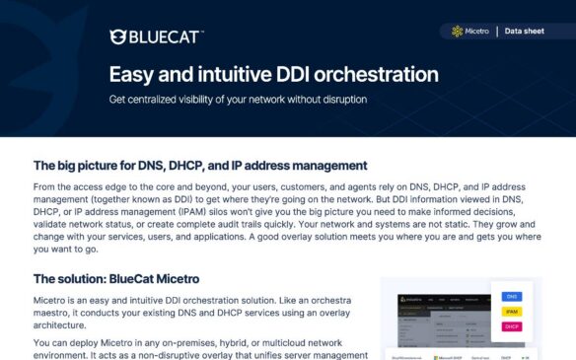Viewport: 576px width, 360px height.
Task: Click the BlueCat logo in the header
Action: tap(157, 37)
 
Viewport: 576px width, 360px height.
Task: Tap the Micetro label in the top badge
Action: tap(478, 32)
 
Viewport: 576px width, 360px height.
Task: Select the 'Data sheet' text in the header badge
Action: tap(524, 32)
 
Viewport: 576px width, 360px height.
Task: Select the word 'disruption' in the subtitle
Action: tap(341, 100)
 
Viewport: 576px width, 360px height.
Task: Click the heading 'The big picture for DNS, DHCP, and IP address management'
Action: tap(200, 166)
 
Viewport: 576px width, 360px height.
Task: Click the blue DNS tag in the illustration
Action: tap(512, 296)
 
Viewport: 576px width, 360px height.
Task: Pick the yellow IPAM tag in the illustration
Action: tap(512, 311)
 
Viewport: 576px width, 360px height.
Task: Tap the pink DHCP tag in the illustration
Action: tap(512, 325)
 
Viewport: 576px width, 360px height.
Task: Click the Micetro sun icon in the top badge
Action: tap(457, 32)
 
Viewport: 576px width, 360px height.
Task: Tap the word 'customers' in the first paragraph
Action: tap(275, 185)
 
